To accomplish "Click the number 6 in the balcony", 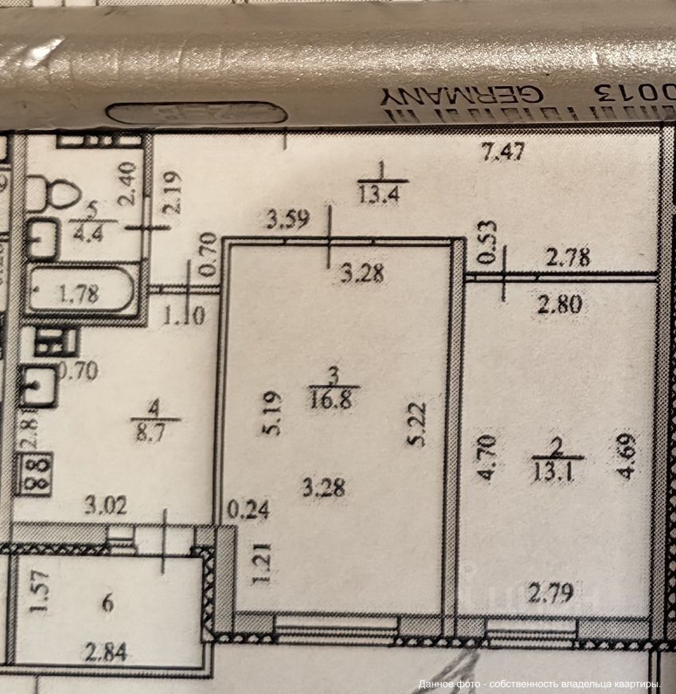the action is coord(107,602).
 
